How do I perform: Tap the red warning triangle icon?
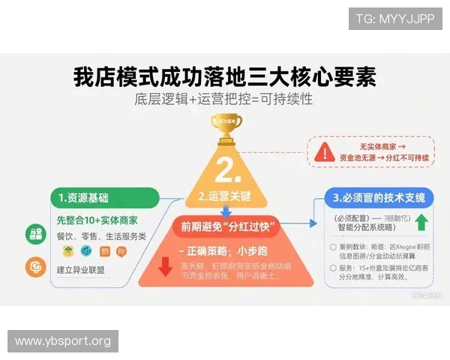[x=324, y=152]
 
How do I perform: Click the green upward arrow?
[x=421, y=223]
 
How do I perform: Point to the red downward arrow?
[x=166, y=266]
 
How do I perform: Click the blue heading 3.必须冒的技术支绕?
[x=379, y=198]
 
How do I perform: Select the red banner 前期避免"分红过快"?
[x=224, y=226]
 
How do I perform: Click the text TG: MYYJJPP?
[x=395, y=19]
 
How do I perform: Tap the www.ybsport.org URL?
[x=63, y=341]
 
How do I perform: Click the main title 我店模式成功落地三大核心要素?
[x=224, y=76]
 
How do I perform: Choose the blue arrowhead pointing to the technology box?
[x=313, y=223]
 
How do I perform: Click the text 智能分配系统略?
[x=368, y=226]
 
